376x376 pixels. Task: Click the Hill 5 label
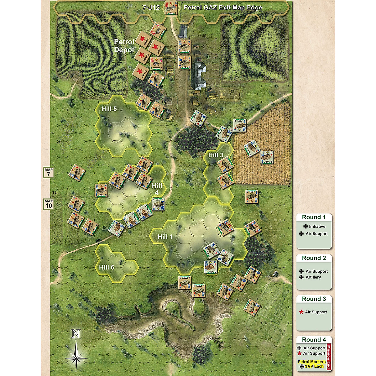tap(109, 109)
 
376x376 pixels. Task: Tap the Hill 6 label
tap(107, 267)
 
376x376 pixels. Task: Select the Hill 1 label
tap(165, 237)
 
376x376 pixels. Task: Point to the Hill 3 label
tap(216, 155)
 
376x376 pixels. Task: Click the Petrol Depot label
tap(124, 46)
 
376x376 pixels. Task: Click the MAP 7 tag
tap(49, 173)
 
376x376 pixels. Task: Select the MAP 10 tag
tap(49, 204)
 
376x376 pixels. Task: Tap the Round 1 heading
tap(314, 217)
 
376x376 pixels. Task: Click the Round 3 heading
tap(314, 299)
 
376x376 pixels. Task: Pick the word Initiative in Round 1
tap(317, 227)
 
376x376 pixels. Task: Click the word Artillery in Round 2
tap(313, 277)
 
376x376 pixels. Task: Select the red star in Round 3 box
tap(301, 312)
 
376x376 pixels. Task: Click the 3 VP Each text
tap(314, 366)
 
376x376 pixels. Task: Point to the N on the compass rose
tap(76, 334)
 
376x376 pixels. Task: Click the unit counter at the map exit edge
tap(171, 8)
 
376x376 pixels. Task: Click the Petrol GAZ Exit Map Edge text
tap(223, 8)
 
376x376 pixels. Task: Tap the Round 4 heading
tap(314, 340)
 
